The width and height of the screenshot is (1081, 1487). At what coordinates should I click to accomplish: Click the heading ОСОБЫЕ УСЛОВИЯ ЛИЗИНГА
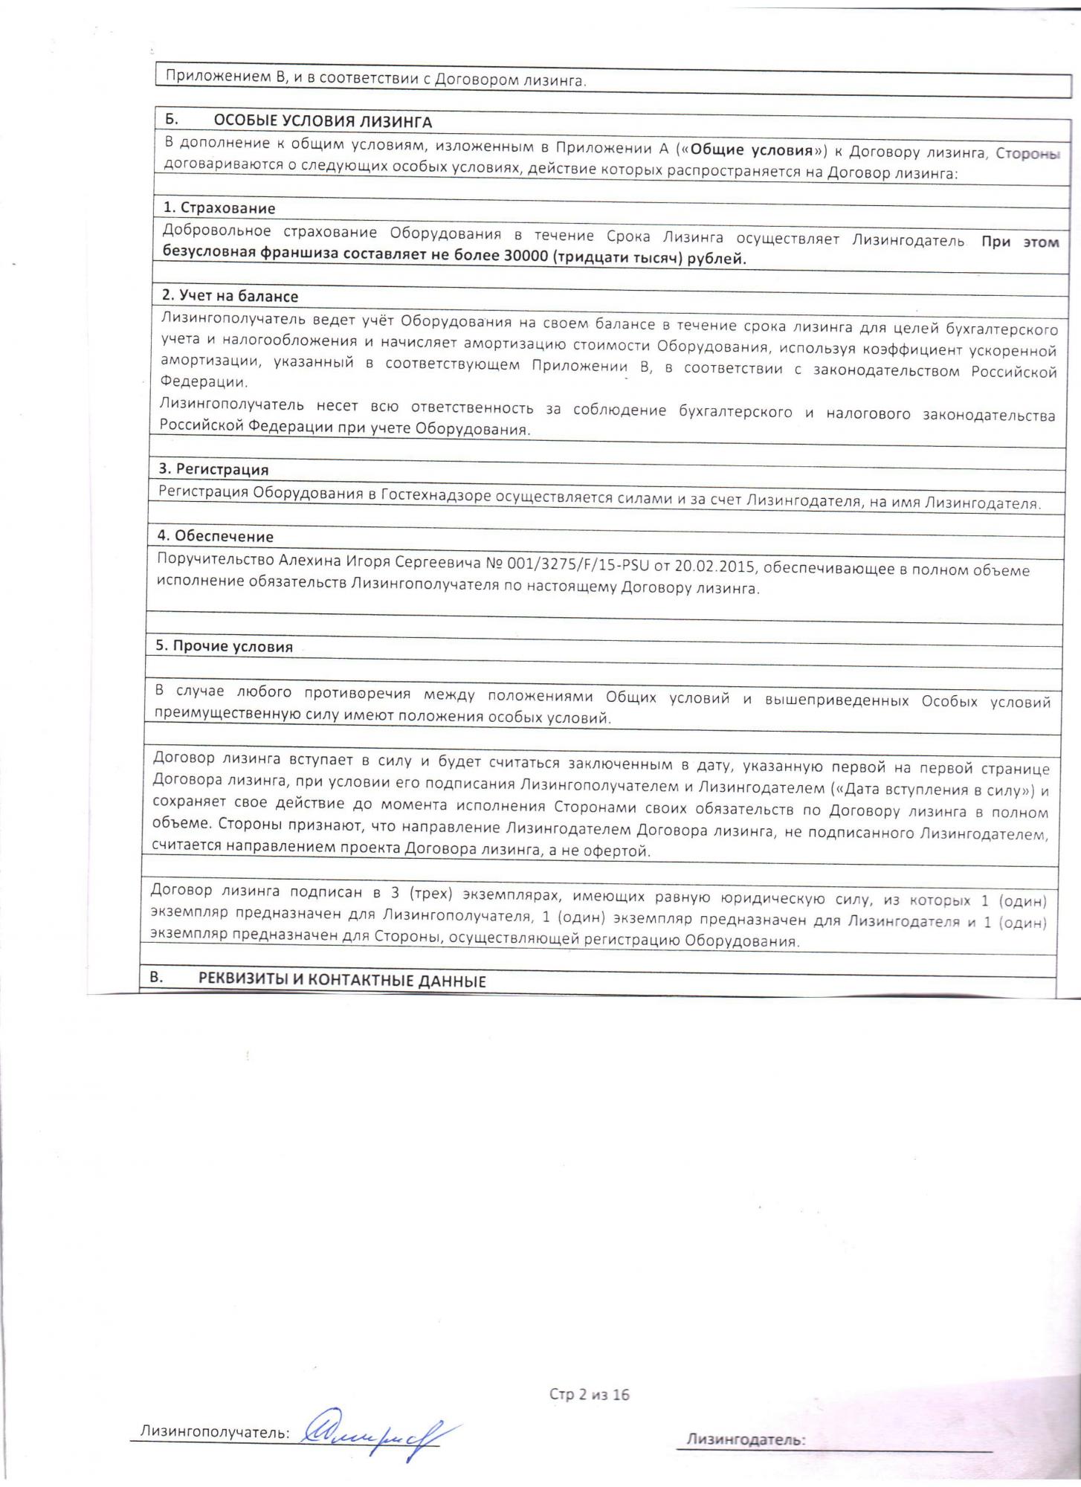322,121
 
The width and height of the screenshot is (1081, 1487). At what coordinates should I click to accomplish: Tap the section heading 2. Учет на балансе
230,296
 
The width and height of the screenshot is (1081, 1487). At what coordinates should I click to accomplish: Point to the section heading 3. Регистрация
213,469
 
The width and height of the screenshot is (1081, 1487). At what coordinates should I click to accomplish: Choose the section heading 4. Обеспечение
215,536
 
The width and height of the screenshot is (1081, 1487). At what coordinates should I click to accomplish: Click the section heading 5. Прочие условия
224,646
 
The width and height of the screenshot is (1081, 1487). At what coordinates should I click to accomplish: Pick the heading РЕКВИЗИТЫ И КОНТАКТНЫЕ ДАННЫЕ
341,980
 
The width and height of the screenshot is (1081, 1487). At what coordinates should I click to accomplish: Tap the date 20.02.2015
715,567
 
